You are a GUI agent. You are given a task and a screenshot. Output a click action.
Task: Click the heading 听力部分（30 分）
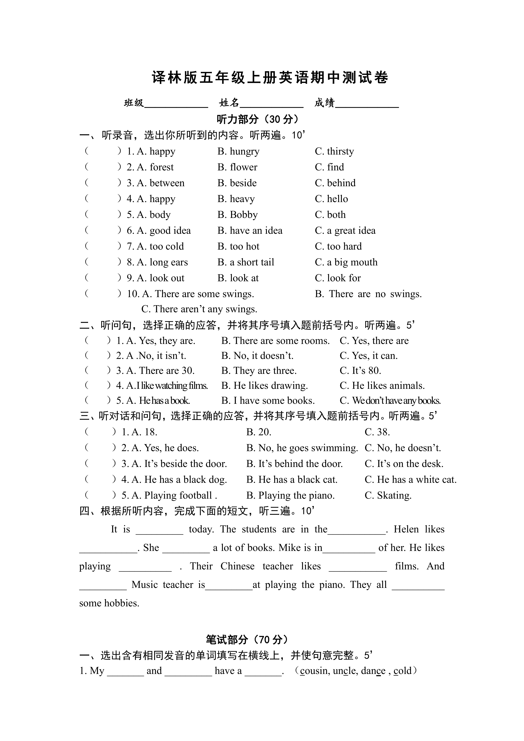pyautogui.click(x=258, y=119)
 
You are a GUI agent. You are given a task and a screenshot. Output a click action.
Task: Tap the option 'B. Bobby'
pyautogui.click(x=237, y=215)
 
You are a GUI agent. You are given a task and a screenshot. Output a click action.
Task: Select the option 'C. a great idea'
pyautogui.click(x=345, y=230)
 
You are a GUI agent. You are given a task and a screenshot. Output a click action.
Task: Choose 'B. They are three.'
pyautogui.click(x=259, y=370)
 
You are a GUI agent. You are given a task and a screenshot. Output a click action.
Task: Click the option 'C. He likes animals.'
pyautogui.click(x=382, y=386)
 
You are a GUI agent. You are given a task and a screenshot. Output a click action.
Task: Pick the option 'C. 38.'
pyautogui.click(x=377, y=432)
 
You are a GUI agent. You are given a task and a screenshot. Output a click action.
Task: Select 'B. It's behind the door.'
pyautogui.click(x=294, y=464)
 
